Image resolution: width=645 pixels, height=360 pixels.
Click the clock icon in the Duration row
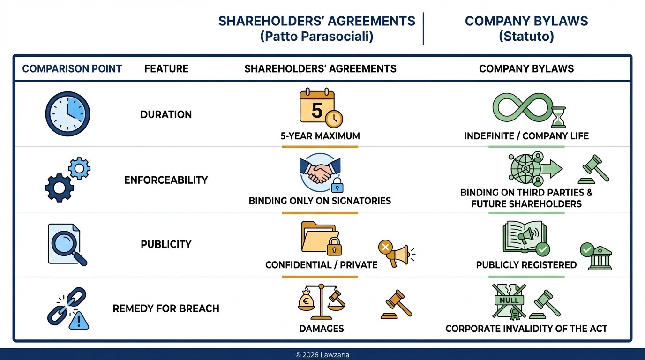tap(67, 114)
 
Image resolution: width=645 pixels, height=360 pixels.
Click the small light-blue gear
tap(79, 168)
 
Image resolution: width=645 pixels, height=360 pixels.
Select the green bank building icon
tap(600, 259)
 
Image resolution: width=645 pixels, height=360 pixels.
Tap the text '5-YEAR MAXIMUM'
tap(320, 136)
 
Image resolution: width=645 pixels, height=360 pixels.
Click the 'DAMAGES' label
tap(321, 329)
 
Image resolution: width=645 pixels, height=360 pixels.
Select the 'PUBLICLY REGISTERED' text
tap(526, 265)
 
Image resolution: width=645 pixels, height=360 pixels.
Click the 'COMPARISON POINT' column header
tap(72, 69)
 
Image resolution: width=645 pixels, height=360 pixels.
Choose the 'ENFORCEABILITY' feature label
tap(166, 180)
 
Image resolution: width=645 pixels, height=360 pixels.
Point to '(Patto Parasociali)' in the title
tap(316, 37)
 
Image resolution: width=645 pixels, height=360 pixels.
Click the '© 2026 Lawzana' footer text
tap(322, 355)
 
